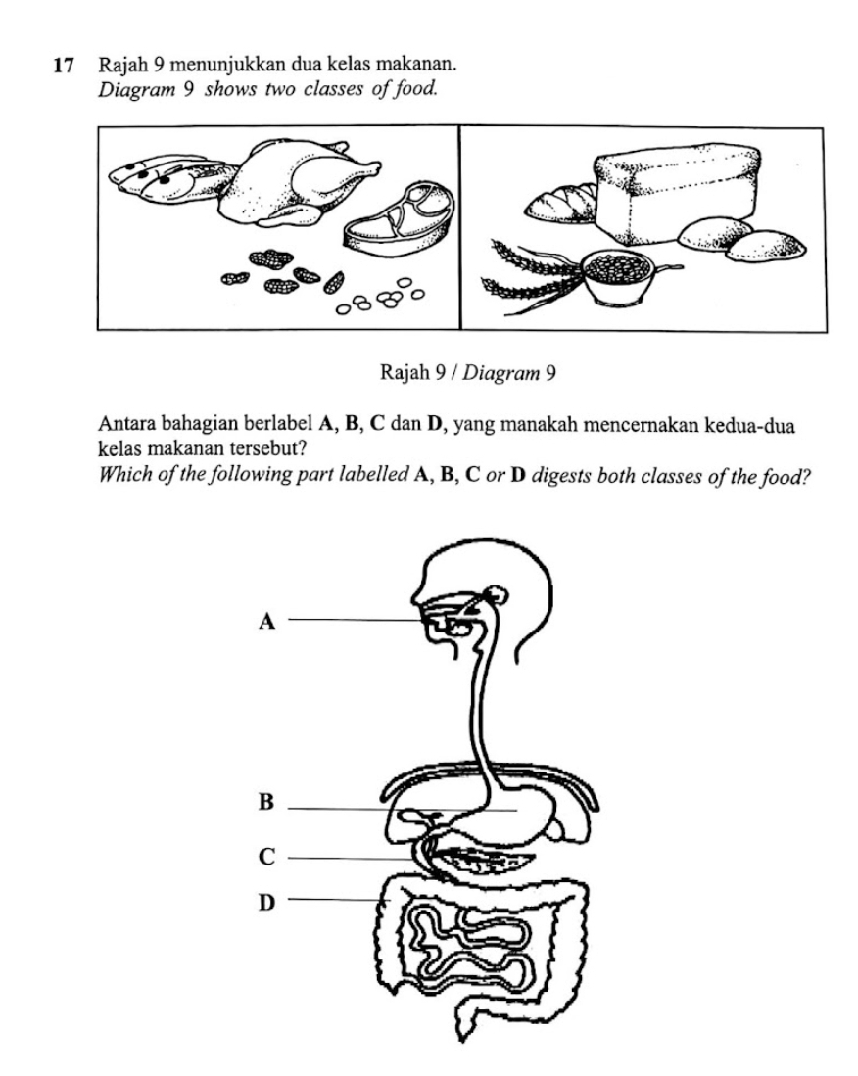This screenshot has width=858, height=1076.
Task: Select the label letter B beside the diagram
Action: pos(263,804)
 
